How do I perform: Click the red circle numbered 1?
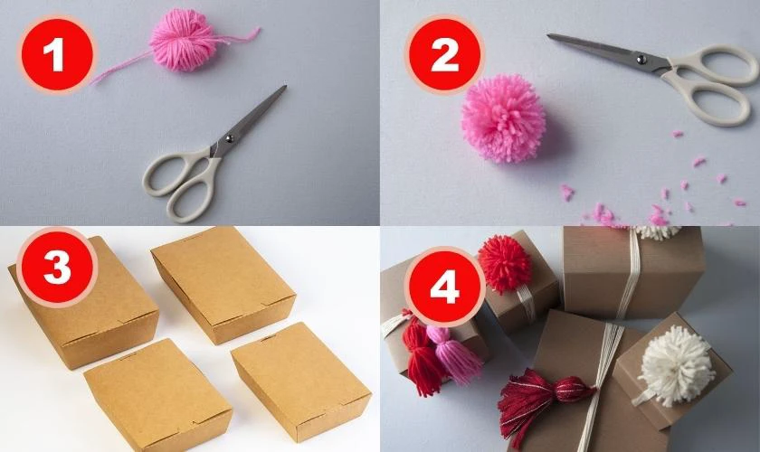(57, 54)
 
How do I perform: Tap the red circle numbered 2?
(444, 54)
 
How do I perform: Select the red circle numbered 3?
(57, 267)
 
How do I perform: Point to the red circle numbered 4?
(445, 288)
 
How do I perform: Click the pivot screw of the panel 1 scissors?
(228, 139)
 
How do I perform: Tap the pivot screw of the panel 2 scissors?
(641, 60)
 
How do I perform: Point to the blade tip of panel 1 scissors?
(286, 87)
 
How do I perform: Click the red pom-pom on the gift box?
(505, 265)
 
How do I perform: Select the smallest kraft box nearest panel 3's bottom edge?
(157, 396)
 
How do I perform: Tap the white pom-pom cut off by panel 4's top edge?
(658, 232)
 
